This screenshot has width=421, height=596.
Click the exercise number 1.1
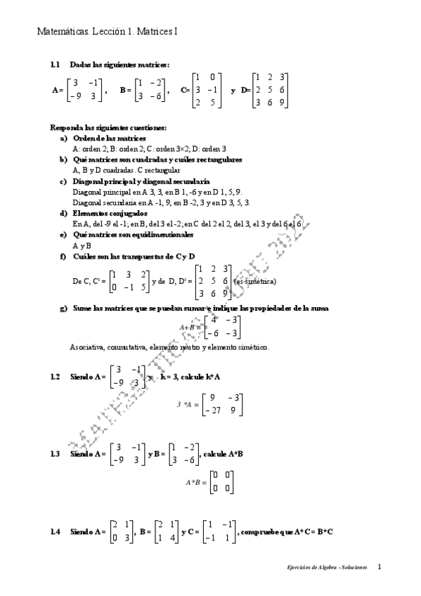(56, 65)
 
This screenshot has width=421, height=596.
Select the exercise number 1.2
(56, 377)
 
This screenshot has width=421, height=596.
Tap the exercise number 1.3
(56, 454)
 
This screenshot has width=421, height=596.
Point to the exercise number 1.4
(56, 532)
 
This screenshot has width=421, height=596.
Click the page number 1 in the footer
(380, 566)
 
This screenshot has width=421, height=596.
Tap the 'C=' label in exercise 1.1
(186, 91)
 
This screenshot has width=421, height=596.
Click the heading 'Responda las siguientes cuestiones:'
(108, 128)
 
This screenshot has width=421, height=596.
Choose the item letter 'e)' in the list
(64, 233)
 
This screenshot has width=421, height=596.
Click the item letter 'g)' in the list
(64, 309)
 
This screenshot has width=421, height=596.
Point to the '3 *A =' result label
(186, 405)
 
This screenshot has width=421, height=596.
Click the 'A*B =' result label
(195, 483)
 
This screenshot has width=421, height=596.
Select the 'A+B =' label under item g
(189, 327)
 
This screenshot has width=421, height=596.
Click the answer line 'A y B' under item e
(82, 245)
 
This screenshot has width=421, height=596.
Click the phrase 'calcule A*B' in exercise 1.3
(224, 454)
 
